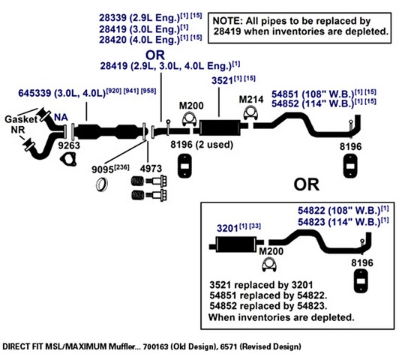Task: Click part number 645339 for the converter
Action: pos(34,93)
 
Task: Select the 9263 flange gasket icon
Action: pos(68,160)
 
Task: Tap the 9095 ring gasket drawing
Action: pos(102,184)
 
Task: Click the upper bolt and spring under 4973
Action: pos(149,181)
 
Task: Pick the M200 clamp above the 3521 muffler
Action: pos(189,118)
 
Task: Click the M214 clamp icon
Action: pos(250,112)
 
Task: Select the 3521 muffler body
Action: pos(220,128)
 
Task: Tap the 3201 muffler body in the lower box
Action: pos(237,244)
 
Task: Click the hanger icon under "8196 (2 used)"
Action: pos(184,166)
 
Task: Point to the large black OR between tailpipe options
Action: pos(306,184)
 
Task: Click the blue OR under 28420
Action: pos(155,55)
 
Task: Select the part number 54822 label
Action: pos(311,211)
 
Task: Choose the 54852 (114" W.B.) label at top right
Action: pos(324,103)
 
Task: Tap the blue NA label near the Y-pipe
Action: pos(61,117)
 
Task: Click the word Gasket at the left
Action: pos(21,119)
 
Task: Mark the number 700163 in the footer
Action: pos(155,346)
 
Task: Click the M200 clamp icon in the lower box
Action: pos(269,265)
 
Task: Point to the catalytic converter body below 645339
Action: pos(109,131)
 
